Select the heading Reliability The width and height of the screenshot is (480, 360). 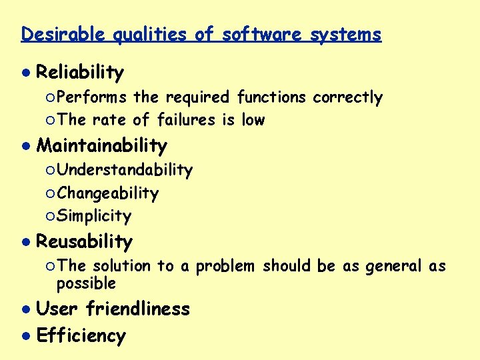[x=80, y=72]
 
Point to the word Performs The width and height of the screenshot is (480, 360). [x=92, y=97]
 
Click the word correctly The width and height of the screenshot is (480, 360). [x=348, y=97]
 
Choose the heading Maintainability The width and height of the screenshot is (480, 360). [x=101, y=145]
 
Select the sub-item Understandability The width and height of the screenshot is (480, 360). [x=125, y=171]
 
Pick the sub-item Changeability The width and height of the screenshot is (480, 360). [x=108, y=193]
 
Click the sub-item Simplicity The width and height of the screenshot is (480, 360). [x=95, y=216]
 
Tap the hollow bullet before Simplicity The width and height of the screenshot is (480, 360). [x=51, y=217]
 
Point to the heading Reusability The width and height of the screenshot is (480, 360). [x=85, y=241]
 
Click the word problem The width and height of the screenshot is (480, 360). [x=225, y=266]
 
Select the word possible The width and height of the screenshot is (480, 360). [x=87, y=283]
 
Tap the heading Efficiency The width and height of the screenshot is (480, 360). [x=81, y=335]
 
